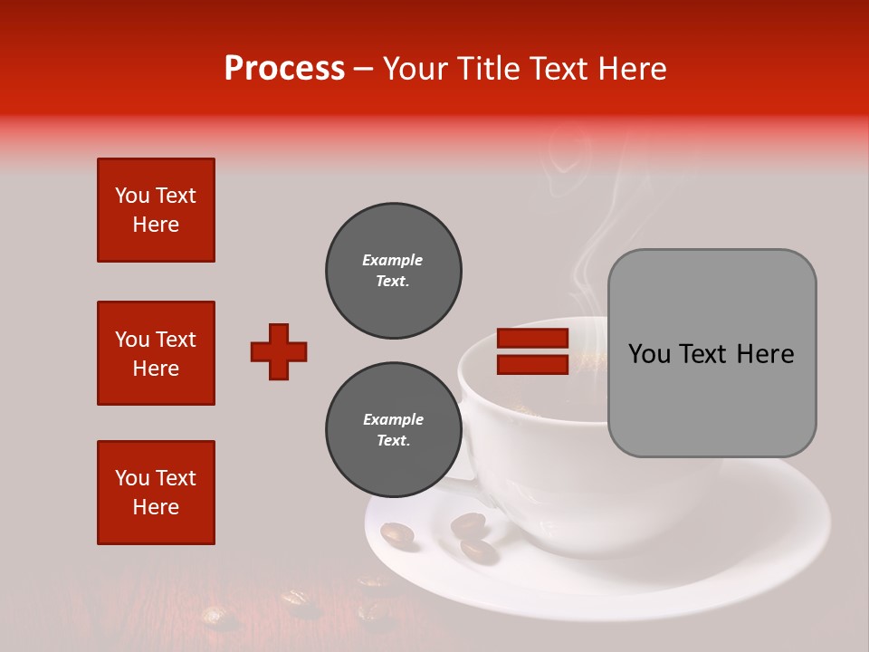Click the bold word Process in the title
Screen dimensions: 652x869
pyautogui.click(x=284, y=69)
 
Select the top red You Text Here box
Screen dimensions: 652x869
pyautogui.click(x=156, y=210)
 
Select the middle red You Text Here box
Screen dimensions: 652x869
pyautogui.click(x=156, y=353)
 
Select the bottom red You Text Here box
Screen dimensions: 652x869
pyautogui.click(x=156, y=493)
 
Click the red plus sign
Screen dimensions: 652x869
pyautogui.click(x=279, y=351)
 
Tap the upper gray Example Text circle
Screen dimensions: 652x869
pyautogui.click(x=393, y=271)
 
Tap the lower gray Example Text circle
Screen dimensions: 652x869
pyautogui.click(x=393, y=430)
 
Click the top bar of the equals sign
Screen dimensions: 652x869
pyautogui.click(x=532, y=339)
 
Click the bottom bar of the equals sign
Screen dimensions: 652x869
pyautogui.click(x=532, y=364)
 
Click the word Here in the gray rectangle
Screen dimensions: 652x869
pyautogui.click(x=765, y=354)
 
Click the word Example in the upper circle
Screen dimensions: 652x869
pyautogui.click(x=393, y=260)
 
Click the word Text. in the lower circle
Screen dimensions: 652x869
pyautogui.click(x=393, y=441)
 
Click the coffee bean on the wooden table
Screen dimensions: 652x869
pyautogui.click(x=220, y=618)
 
